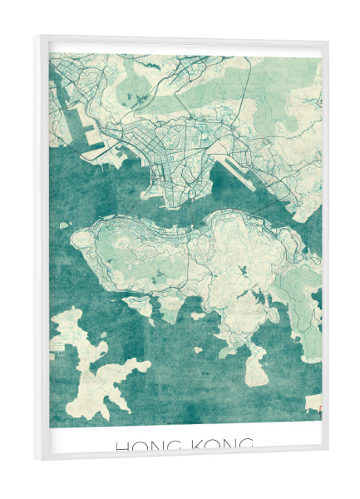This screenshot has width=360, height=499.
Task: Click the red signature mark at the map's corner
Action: pos(318,408)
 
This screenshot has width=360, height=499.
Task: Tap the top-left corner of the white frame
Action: pos(36,37)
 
